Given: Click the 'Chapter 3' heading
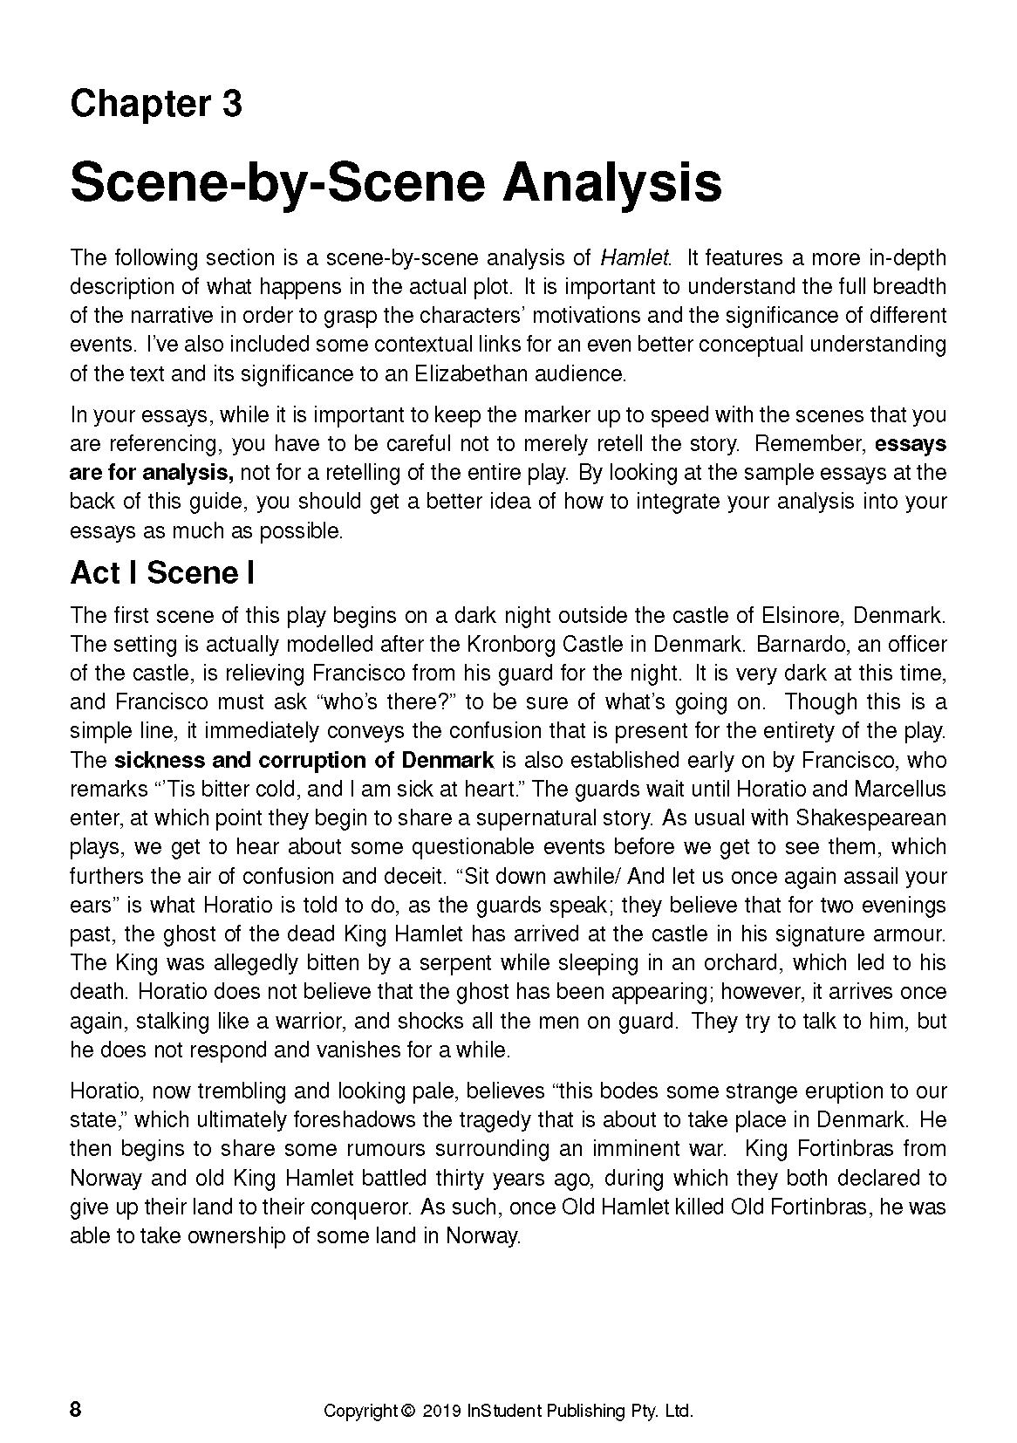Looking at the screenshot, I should coord(156,105).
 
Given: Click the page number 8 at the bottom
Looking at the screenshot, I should coord(76,1410).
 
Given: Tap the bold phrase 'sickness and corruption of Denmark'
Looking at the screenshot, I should coord(304,760).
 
